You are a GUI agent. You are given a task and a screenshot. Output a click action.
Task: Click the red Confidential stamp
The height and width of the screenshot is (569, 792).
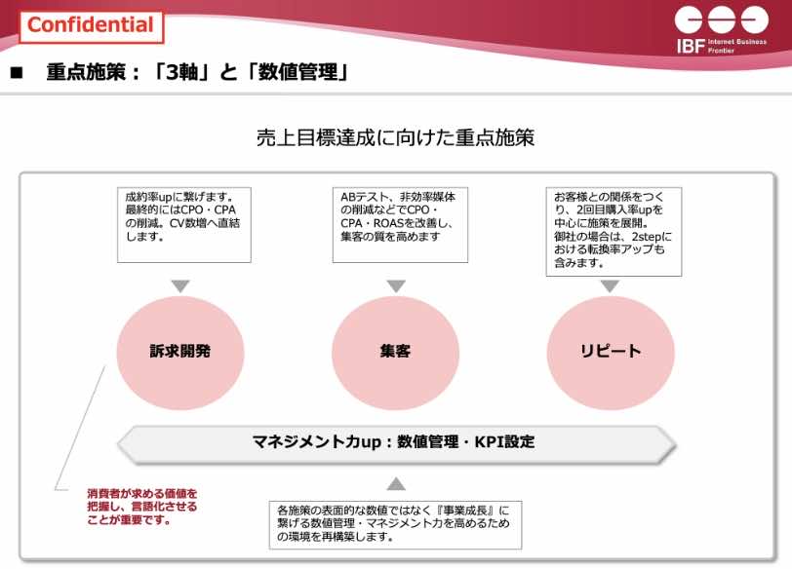point(92,26)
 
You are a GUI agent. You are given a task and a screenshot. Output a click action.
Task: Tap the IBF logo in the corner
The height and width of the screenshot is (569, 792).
point(722,30)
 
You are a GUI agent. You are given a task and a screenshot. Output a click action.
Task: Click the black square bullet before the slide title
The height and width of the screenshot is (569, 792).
point(17,73)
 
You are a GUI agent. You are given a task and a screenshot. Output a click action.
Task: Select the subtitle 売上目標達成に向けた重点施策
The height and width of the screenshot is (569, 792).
point(395,137)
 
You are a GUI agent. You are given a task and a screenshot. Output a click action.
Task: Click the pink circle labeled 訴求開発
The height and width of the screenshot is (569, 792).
point(180,352)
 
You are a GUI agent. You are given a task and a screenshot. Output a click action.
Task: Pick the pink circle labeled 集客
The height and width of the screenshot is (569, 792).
point(395,352)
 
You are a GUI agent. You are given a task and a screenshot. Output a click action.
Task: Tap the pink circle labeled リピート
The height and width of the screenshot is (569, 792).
point(611,352)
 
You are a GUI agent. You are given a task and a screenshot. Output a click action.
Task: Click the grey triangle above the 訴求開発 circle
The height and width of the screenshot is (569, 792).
point(180,286)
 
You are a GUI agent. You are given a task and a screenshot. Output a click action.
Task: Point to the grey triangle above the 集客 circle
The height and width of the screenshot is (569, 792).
point(396,286)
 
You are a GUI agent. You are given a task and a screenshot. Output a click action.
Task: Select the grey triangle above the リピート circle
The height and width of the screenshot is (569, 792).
point(611,286)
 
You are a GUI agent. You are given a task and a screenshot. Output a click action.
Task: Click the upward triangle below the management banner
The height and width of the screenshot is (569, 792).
point(396,484)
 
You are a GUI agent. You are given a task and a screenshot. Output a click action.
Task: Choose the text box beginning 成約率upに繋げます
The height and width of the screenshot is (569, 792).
point(183,225)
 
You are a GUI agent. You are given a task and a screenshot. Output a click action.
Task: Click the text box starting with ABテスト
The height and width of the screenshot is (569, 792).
point(400,225)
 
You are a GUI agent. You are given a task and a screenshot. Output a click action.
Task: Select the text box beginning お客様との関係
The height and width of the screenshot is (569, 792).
point(614,232)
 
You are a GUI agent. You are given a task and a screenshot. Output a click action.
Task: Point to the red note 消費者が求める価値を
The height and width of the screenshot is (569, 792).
point(142,507)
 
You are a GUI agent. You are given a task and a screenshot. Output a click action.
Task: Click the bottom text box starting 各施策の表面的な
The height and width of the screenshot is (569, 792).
point(395,525)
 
